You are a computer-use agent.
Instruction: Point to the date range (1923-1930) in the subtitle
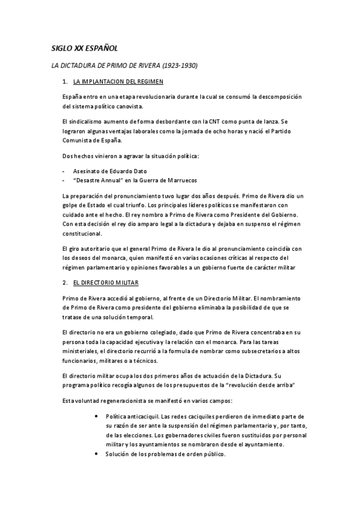click(x=178, y=64)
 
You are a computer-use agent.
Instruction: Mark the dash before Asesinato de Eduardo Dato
click(x=63, y=171)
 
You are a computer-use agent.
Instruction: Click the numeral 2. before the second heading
click(x=65, y=282)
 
